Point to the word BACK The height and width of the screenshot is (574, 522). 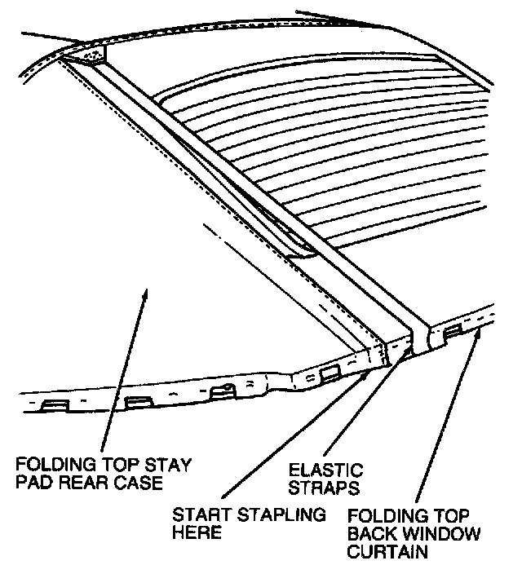pyautogui.click(x=373, y=534)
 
